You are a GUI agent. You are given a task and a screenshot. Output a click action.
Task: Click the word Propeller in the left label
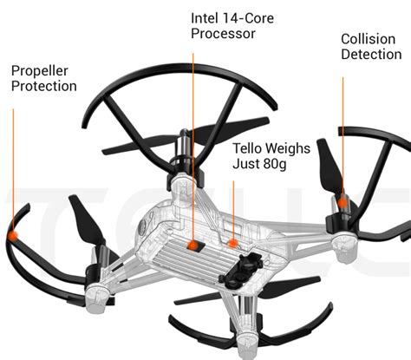click(x=39, y=69)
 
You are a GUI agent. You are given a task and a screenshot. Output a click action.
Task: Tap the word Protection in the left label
click(x=44, y=86)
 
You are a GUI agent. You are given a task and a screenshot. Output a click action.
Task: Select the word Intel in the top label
click(x=205, y=17)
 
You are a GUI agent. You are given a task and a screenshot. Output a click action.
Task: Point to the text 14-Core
click(x=249, y=17)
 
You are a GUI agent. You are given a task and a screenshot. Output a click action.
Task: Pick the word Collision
click(x=369, y=39)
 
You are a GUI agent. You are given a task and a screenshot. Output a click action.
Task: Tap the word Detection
click(x=371, y=55)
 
